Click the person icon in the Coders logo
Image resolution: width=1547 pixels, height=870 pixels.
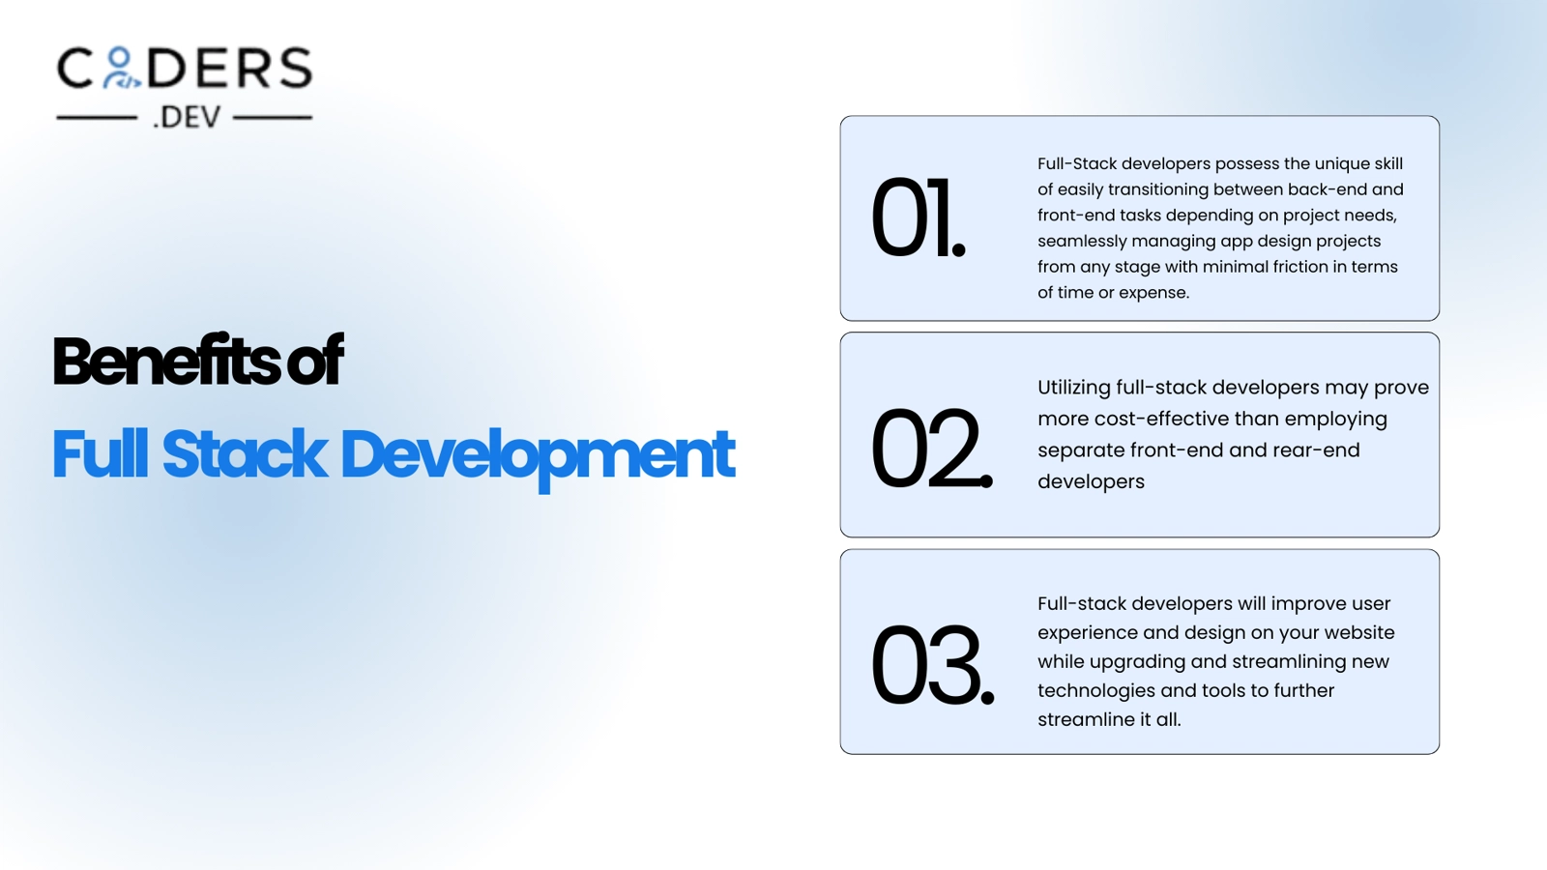[x=121, y=68]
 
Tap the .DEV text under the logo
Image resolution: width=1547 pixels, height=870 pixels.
[x=187, y=117]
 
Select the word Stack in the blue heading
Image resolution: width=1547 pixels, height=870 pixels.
[x=245, y=453]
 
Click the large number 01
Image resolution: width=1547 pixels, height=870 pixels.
[x=918, y=217]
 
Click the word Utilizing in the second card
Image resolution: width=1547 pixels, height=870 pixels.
[x=1074, y=388]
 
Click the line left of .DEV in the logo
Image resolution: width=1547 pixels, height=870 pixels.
[x=97, y=118]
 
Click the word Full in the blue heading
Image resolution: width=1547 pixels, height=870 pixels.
[x=101, y=453]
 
